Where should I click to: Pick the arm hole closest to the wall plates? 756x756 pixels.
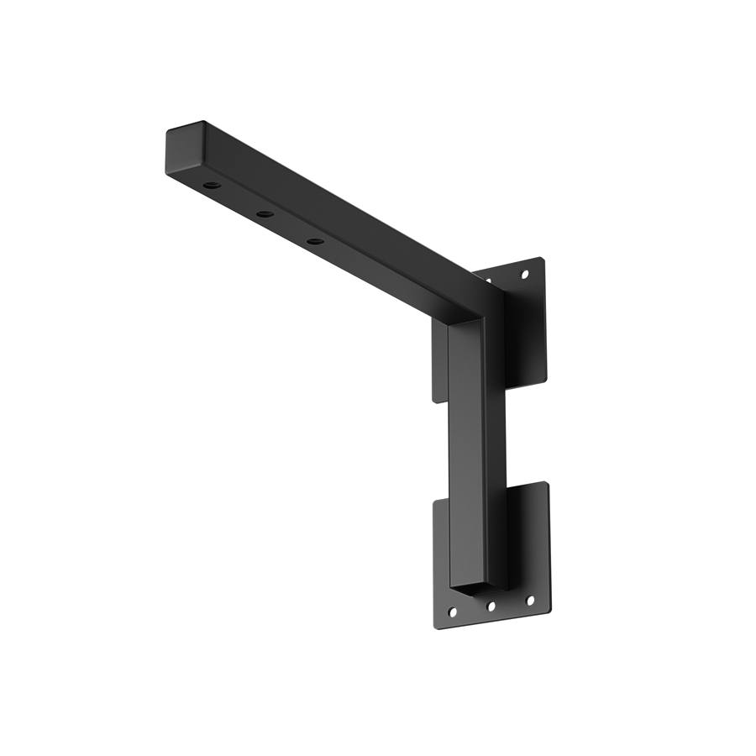pos(315,242)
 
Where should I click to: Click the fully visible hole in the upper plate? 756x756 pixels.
pos(525,274)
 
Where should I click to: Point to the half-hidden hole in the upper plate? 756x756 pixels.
pos(488,279)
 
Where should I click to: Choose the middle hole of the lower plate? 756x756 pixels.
pos(492,605)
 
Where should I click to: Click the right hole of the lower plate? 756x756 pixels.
pos(530,600)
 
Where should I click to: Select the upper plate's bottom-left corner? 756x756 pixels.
pos(437,400)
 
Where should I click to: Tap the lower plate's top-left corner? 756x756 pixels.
pos(436,501)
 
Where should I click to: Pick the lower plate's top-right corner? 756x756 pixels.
pos(546,483)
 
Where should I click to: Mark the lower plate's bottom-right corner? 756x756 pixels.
pos(549,609)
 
